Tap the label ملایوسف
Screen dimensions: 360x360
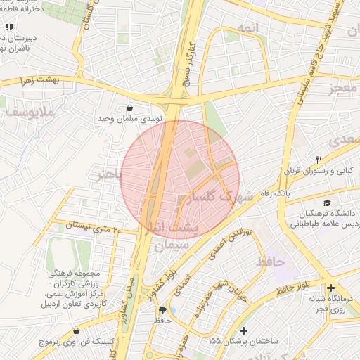pos(28,111)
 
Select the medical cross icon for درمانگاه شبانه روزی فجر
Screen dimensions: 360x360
pos(331,288)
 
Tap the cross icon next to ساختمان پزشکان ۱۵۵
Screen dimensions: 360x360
pos(243,330)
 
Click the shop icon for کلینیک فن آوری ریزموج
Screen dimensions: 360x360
pos(76,330)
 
